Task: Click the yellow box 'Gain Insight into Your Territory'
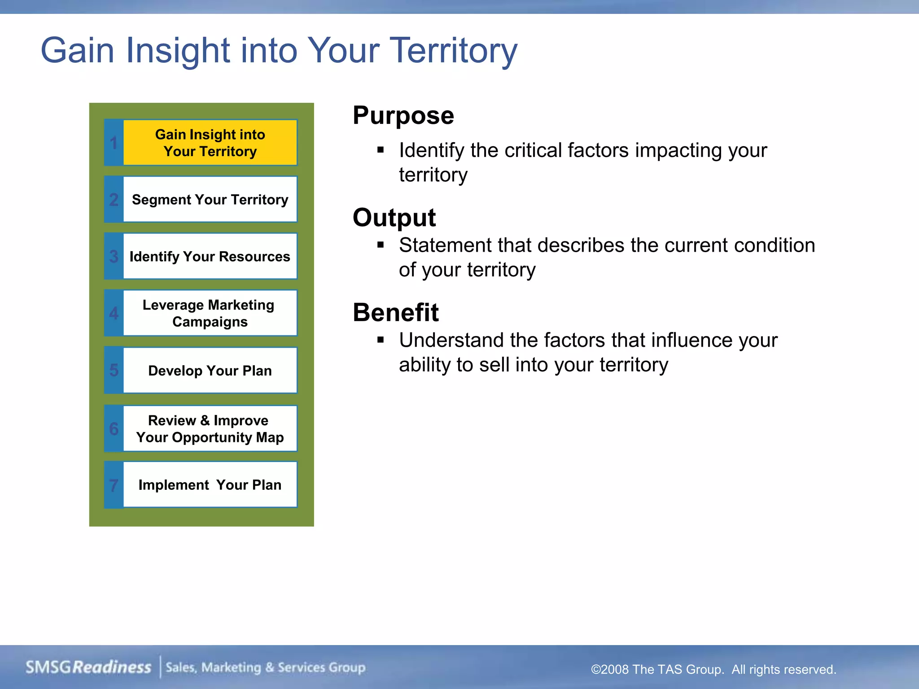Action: [210, 143]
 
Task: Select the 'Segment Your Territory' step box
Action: [210, 199]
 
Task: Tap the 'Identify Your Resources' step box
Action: [210, 256]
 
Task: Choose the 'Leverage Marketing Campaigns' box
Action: [210, 313]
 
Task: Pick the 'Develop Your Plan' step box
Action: [210, 371]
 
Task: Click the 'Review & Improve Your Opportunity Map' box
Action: [210, 428]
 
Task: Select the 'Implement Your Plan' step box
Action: [210, 485]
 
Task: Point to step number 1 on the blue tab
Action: [114, 143]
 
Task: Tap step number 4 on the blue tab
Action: [114, 313]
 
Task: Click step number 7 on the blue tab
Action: [114, 485]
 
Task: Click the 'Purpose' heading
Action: [403, 116]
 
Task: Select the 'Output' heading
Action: [394, 218]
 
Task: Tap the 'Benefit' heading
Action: [395, 313]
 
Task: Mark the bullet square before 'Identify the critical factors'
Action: [381, 150]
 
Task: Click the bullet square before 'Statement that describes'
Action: [381, 245]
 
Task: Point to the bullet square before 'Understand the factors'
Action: [381, 340]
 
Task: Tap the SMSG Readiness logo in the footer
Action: [88, 667]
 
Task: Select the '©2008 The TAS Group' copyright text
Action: [713, 670]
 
